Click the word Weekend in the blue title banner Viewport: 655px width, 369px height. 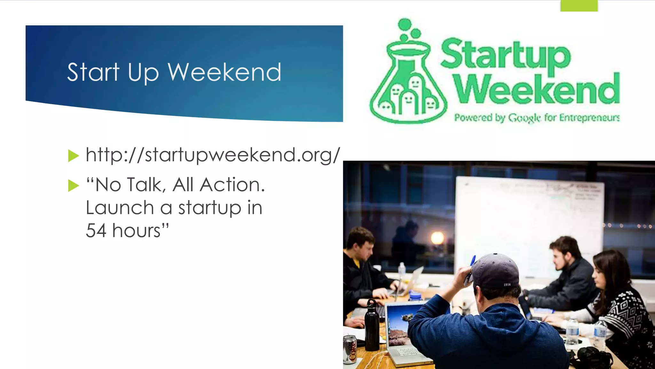(x=224, y=72)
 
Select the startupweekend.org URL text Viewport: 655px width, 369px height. (x=213, y=155)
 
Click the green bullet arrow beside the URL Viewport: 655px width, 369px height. (x=73, y=156)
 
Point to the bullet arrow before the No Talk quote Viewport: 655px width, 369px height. (x=73, y=185)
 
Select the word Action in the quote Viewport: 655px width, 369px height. (x=232, y=185)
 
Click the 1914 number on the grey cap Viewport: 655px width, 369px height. (x=507, y=284)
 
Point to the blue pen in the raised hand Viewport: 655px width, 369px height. (x=472, y=262)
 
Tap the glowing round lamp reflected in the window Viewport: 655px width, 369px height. (x=437, y=238)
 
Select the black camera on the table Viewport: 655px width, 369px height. (x=590, y=357)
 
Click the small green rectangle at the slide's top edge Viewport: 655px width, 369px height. (x=579, y=6)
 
